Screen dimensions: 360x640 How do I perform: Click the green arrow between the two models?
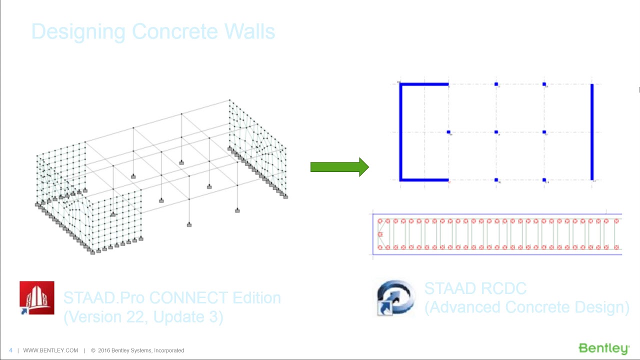point(339,167)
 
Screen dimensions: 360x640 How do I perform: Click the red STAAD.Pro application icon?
point(37,298)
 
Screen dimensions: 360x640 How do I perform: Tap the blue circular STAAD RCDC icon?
point(396,298)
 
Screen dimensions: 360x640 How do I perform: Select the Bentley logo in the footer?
point(603,348)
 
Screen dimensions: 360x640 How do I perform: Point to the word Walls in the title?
point(249,31)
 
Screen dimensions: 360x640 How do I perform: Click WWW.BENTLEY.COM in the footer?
point(50,350)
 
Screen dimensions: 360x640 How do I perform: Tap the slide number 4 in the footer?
point(11,350)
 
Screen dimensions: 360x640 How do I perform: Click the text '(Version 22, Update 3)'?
point(143,317)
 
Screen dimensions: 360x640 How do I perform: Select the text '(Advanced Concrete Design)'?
point(526,307)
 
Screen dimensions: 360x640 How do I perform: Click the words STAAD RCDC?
point(475,288)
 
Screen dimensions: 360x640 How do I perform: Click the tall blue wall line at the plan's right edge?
point(592,132)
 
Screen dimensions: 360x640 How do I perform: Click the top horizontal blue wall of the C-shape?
point(424,84)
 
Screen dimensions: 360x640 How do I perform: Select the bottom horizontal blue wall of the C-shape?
point(424,179)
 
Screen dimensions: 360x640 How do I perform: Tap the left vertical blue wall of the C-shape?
point(400,132)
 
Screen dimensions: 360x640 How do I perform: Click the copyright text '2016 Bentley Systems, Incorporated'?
point(140,350)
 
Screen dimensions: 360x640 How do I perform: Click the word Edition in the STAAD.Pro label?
point(256,298)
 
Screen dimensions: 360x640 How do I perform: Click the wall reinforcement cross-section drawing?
point(497,234)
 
